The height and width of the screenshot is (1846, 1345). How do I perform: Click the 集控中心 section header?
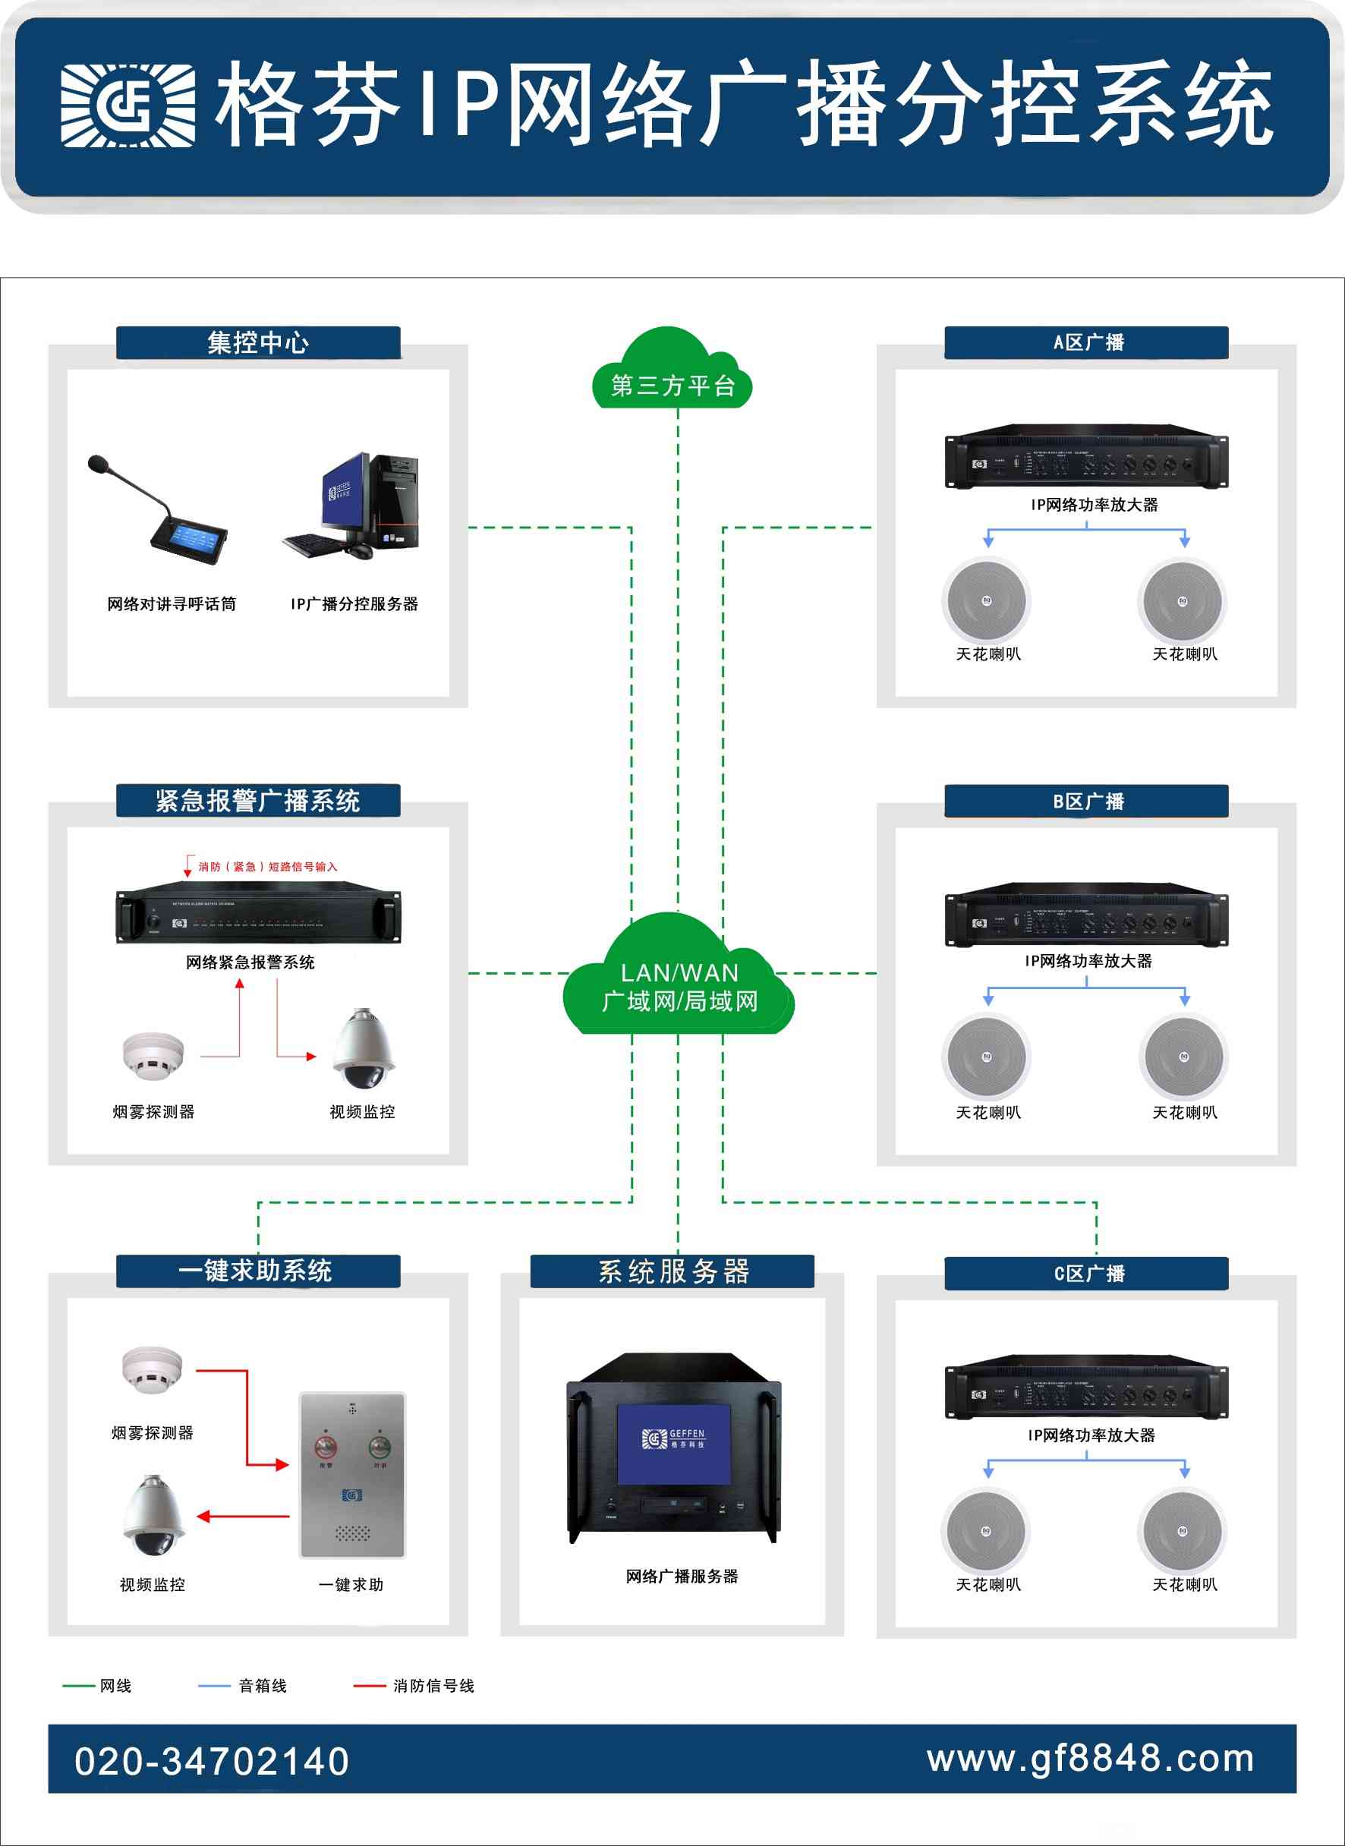[258, 343]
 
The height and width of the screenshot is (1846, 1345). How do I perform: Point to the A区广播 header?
[1086, 343]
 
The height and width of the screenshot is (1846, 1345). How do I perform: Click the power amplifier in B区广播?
[1086, 917]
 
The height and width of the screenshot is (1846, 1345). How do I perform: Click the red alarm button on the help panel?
[326, 1447]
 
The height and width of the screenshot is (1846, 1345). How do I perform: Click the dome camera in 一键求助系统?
[153, 1514]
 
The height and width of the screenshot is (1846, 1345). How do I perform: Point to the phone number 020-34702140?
[212, 1761]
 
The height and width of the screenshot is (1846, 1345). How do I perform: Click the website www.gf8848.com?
[1091, 1759]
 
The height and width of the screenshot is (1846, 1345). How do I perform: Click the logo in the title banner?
[128, 106]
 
